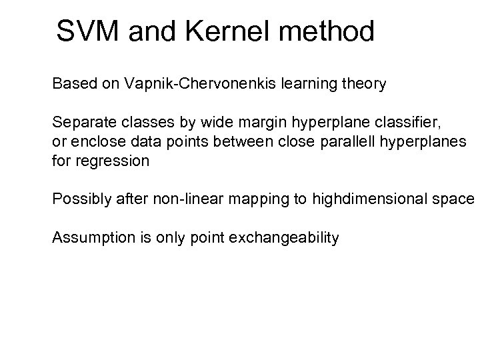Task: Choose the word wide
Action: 178,123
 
